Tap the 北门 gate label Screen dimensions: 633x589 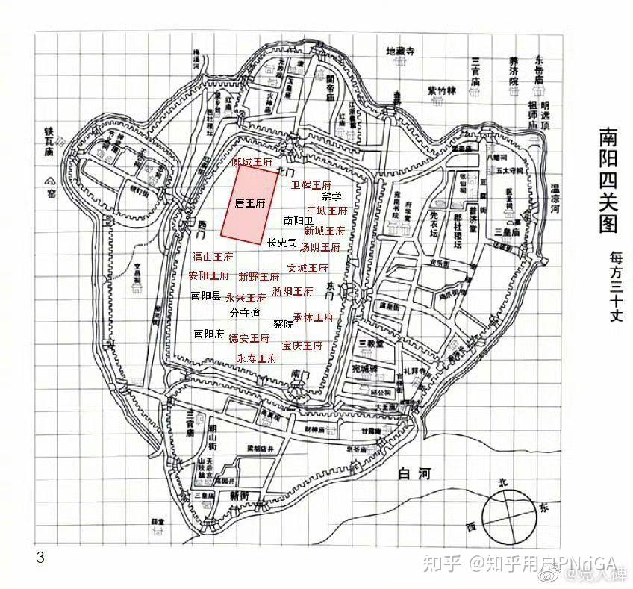pos(282,171)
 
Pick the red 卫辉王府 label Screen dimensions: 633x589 pos(311,184)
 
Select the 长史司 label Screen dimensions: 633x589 pos(282,243)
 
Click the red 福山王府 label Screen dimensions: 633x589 pos(212,256)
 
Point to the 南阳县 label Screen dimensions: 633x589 pos(205,296)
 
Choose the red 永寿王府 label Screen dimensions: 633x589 pos(257,358)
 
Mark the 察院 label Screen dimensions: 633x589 pos(284,324)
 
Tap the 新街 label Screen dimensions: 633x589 pos(240,495)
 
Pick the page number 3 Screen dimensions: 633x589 pos(40,557)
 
